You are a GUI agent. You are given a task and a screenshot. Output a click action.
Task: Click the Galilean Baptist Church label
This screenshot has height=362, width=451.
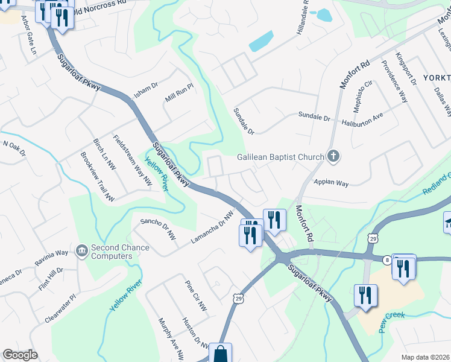(280, 157)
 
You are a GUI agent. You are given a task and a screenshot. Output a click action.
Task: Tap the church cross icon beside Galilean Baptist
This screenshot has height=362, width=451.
(332, 157)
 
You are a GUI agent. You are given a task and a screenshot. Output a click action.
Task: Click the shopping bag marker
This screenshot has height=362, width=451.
(221, 353)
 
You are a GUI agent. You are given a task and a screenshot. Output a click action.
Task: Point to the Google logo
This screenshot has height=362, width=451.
(20, 355)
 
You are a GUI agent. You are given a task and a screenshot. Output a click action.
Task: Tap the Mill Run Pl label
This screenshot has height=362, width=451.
(180, 93)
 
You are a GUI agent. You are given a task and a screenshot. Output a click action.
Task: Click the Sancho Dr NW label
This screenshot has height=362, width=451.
(158, 229)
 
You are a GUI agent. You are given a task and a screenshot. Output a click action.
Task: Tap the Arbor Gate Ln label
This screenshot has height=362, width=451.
(29, 36)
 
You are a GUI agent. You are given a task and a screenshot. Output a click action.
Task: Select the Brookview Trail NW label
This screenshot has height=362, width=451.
(97, 176)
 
